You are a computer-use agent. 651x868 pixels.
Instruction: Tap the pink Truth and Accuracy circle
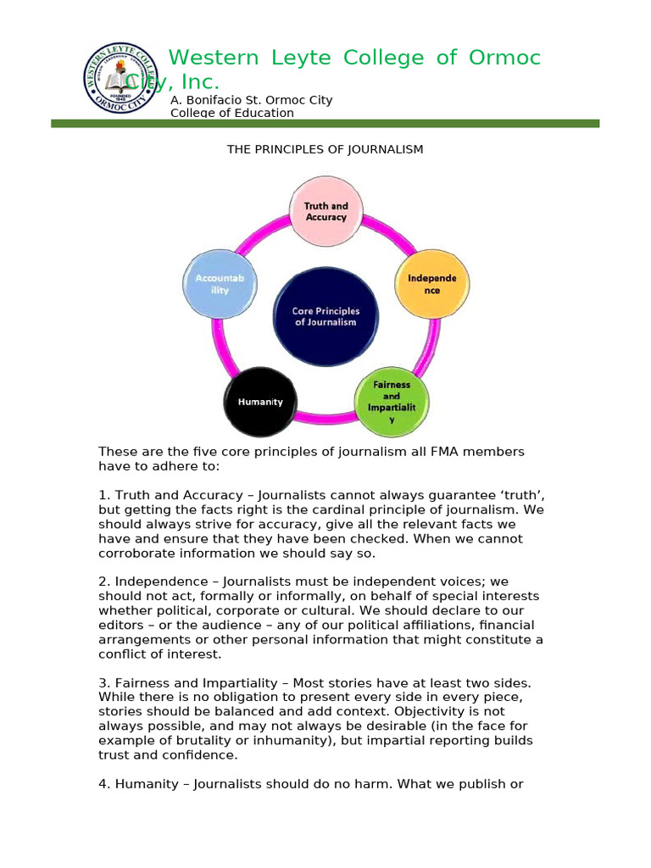point(326,212)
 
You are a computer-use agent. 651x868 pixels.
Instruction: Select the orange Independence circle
point(431,284)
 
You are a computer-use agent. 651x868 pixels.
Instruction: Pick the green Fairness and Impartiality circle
point(391,402)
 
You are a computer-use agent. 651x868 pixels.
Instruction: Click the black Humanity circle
point(260,402)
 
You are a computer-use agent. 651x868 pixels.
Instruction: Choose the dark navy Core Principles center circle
point(325,316)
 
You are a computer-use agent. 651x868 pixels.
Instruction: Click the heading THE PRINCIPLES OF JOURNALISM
point(325,150)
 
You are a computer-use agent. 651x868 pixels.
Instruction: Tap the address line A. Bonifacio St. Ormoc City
point(251,100)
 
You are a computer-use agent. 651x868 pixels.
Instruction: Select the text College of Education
point(232,113)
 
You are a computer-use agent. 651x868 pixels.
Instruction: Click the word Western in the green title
point(212,58)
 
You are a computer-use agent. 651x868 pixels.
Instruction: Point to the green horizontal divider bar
point(325,124)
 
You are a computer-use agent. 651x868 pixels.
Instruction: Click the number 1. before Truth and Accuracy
point(103,495)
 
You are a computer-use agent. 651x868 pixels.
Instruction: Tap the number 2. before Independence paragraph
point(103,582)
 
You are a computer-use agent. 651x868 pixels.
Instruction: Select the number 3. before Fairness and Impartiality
point(103,683)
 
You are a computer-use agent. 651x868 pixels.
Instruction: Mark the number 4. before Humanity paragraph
point(103,784)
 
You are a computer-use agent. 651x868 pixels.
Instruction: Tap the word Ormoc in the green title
point(502,58)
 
